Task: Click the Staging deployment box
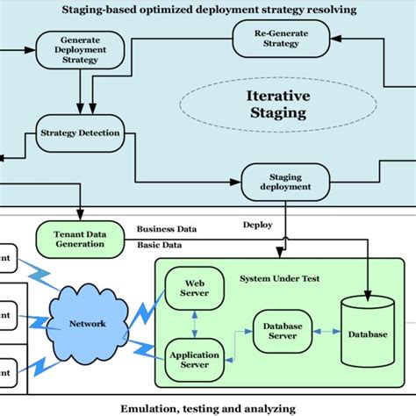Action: tap(285, 181)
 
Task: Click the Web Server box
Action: tap(192, 290)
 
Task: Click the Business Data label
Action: tap(167, 229)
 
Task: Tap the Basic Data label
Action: tap(160, 245)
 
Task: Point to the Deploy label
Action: tap(258, 225)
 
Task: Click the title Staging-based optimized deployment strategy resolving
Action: tap(208, 10)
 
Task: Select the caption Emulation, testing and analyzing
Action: tap(208, 406)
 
